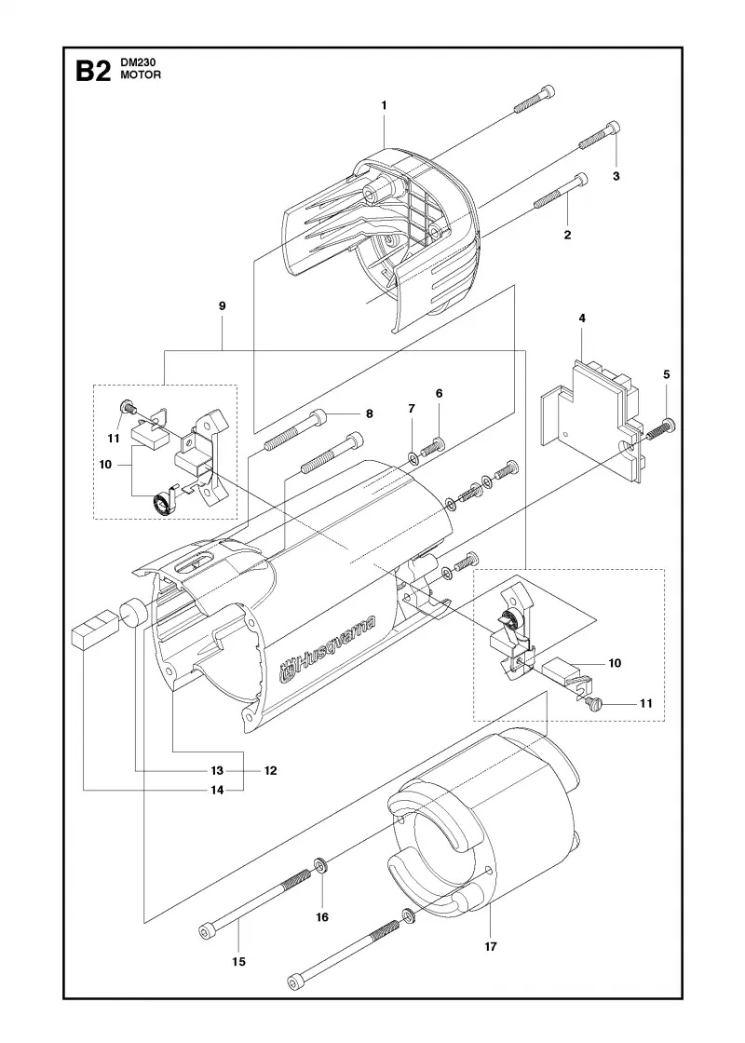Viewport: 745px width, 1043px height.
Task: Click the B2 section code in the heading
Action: [92, 71]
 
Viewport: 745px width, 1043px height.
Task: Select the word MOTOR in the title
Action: [141, 75]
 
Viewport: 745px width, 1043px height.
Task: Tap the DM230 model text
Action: [135, 63]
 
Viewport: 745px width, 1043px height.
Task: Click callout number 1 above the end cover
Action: [384, 105]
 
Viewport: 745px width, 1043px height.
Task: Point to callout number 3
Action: [616, 176]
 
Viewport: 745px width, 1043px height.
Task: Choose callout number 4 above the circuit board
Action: [582, 318]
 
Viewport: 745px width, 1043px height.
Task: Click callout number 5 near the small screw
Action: [667, 374]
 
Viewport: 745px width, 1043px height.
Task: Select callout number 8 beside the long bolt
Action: [369, 413]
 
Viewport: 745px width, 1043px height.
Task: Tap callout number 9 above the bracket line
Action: [223, 306]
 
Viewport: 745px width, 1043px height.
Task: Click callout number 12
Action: [270, 771]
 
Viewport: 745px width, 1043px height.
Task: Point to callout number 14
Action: [217, 791]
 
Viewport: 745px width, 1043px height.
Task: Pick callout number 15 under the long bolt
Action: [238, 961]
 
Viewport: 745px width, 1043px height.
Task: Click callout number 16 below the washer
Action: [322, 917]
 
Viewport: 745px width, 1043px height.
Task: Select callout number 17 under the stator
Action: [490, 946]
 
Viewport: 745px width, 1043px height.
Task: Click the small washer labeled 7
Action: [412, 457]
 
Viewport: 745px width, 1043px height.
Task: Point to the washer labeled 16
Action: [320, 865]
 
